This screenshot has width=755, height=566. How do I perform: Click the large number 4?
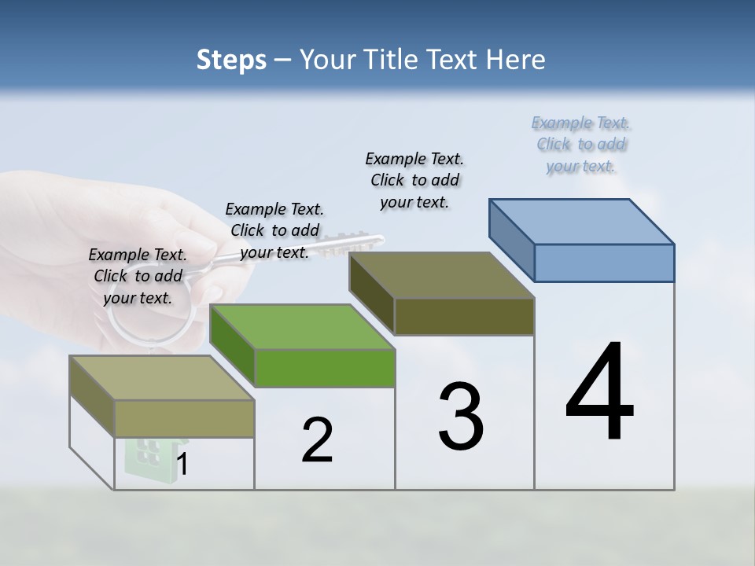click(x=599, y=393)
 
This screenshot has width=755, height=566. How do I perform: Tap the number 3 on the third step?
click(x=461, y=417)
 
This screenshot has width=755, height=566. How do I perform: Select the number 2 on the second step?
click(x=317, y=440)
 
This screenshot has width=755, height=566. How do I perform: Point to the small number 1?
click(x=182, y=465)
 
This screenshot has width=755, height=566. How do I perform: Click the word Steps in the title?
click(x=231, y=60)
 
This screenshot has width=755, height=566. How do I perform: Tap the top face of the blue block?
click(x=582, y=221)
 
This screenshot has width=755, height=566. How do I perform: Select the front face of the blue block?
click(x=604, y=263)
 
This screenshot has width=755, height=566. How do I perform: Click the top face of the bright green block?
click(x=303, y=326)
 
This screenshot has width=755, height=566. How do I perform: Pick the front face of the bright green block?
click(x=325, y=368)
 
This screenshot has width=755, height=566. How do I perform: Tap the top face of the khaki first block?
click(x=162, y=377)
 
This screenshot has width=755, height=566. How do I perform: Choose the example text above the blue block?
click(x=581, y=144)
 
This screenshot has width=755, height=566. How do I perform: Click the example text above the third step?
click(x=414, y=180)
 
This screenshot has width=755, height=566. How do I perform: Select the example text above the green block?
click(x=274, y=230)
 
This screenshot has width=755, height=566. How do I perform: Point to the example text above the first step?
click(x=138, y=276)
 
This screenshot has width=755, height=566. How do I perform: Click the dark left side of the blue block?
click(x=512, y=240)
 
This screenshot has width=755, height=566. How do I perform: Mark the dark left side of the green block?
click(x=233, y=346)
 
